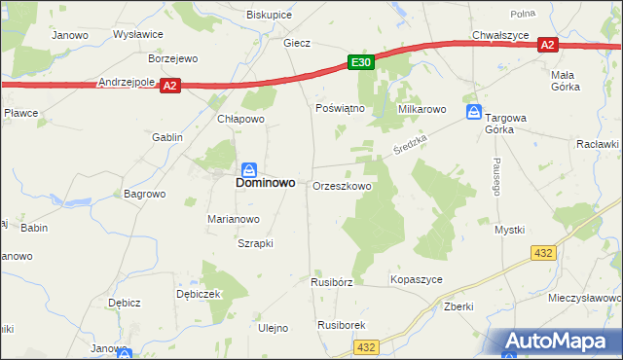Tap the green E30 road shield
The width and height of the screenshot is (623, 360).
point(360,62)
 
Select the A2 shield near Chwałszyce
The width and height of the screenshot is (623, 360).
point(547,45)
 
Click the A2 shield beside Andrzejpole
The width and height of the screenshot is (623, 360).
point(170,86)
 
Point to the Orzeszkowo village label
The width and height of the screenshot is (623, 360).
point(342,186)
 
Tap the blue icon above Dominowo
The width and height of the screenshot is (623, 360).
point(250,167)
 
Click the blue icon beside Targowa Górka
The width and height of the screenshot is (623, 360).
point(473,112)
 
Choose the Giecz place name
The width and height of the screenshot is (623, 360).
point(297,44)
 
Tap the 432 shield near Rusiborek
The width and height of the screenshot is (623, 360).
point(366,346)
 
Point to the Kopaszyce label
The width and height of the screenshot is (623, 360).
point(417,279)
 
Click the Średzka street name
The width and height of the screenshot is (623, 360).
point(411,149)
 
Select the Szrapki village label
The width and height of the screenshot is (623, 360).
point(255,243)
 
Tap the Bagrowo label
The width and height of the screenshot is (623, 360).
point(145,194)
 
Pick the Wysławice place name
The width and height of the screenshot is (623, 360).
point(138,34)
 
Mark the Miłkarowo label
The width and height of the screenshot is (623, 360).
point(421,109)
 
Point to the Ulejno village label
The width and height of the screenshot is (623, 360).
point(274,328)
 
